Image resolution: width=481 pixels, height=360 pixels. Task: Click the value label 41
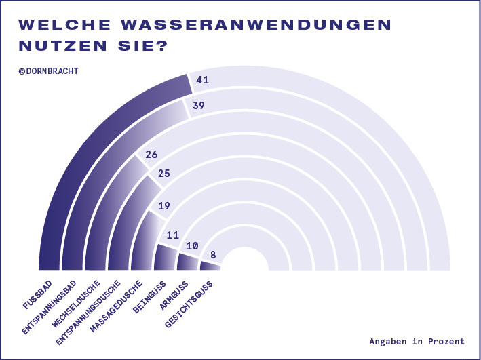coord(202,81)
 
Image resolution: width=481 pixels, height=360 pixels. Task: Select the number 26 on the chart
coord(152,154)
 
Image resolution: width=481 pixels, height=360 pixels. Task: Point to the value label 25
coord(163,174)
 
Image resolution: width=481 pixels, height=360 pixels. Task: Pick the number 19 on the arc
coord(163,206)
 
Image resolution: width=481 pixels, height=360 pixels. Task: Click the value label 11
coord(173,235)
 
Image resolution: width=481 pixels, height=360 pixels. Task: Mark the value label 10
coord(192,246)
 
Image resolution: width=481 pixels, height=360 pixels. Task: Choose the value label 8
coord(214,255)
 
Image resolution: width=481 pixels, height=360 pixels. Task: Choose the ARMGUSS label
coord(172,292)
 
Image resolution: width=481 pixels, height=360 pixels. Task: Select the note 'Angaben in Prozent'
coord(417,341)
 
